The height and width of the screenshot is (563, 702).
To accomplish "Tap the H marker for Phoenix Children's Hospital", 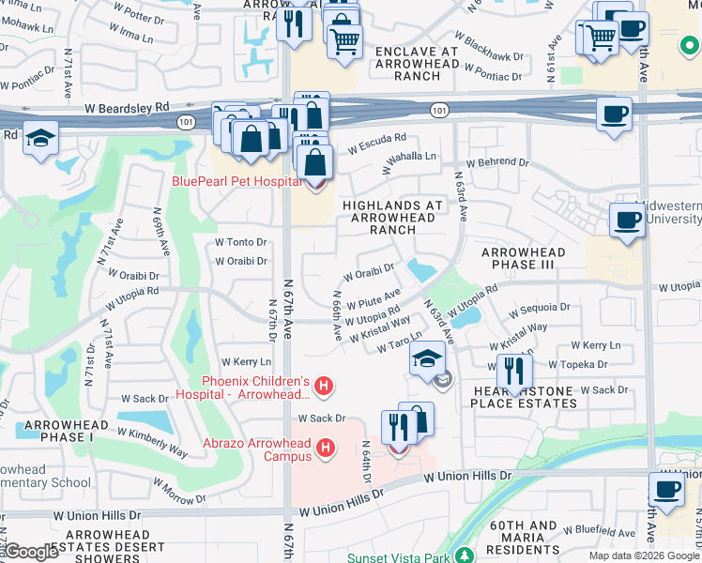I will (324, 386).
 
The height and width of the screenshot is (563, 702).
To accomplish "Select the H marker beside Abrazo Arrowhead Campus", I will (326, 449).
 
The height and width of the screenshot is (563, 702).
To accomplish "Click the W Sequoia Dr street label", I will (539, 307).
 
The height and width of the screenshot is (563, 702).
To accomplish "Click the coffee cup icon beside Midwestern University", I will (626, 221).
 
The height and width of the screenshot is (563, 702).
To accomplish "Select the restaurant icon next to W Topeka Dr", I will (514, 372).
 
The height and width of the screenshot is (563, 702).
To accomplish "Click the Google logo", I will (33, 553).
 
